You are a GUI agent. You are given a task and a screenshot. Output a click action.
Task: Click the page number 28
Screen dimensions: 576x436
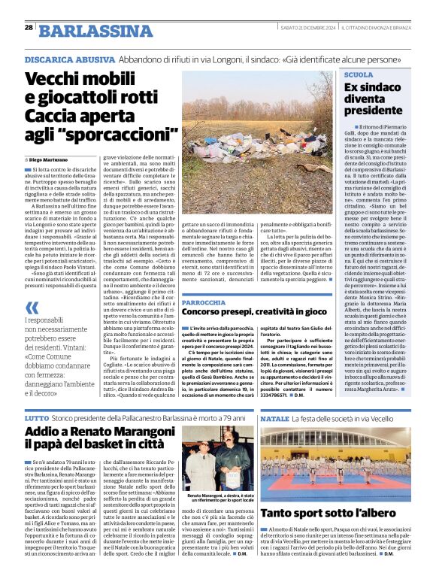click(29, 27)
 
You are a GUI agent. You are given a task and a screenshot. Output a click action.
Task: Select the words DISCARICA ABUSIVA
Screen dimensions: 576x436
click(61, 59)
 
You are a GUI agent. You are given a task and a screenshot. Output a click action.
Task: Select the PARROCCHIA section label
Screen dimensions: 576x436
click(204, 302)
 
